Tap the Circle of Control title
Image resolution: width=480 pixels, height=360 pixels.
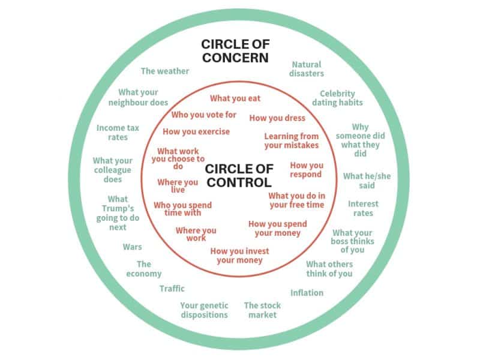[238, 175]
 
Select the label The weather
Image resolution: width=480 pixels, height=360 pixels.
[165, 71]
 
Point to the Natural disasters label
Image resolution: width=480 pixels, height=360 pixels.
[307, 69]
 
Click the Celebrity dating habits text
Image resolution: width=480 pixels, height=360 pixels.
[337, 98]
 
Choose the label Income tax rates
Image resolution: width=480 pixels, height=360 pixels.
[118, 133]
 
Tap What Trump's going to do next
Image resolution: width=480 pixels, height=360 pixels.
[118, 213]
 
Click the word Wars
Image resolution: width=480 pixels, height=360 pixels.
[132, 247]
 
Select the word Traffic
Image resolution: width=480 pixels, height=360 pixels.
[172, 289]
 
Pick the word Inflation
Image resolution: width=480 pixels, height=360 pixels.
[307, 293]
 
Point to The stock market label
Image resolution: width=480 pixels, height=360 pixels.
[262, 310]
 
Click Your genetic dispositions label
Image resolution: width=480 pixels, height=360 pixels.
[204, 310]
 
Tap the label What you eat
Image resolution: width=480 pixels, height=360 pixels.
[235, 98]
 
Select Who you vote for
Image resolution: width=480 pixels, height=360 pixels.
[204, 115]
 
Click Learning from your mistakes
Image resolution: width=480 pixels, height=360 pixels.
[292, 141]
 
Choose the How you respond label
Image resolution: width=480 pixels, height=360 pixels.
[307, 170]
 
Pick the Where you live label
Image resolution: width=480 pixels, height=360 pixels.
[178, 186]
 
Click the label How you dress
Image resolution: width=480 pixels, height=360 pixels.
[277, 118]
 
